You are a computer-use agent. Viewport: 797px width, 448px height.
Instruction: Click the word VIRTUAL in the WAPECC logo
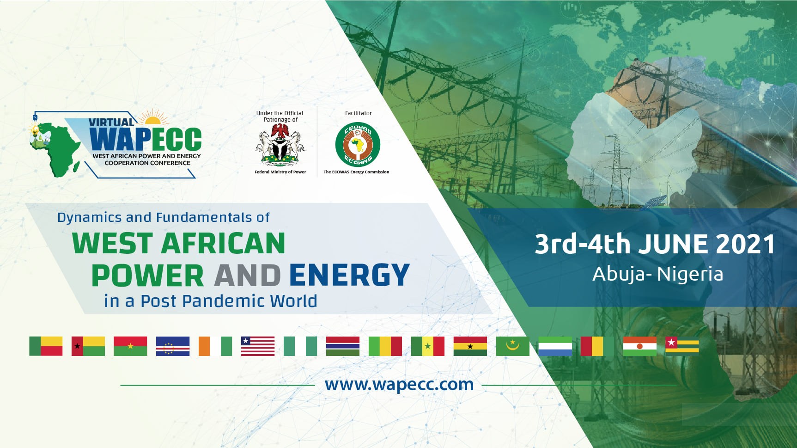[x=111, y=123]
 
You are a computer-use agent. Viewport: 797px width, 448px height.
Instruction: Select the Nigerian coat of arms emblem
[x=280, y=145]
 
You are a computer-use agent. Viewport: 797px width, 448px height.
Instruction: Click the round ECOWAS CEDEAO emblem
[x=358, y=145]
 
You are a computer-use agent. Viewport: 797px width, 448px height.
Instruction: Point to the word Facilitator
[x=358, y=113]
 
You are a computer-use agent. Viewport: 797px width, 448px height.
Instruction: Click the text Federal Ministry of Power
[x=280, y=172]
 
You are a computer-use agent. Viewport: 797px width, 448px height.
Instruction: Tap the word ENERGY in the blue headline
[x=349, y=276]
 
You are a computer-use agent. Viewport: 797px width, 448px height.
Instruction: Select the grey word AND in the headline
[x=247, y=276]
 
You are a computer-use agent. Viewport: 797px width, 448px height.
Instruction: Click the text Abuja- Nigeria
[x=657, y=274]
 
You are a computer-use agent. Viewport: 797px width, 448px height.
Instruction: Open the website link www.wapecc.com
[x=399, y=385]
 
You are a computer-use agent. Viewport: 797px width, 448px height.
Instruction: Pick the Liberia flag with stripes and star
[x=258, y=346]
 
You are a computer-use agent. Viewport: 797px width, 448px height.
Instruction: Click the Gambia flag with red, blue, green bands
[x=343, y=346]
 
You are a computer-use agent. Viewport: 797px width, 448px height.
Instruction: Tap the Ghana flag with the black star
[x=470, y=346]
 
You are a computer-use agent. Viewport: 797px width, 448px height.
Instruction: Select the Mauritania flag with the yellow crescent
[x=513, y=346]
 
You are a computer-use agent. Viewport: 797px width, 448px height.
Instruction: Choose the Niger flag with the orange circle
[x=640, y=346]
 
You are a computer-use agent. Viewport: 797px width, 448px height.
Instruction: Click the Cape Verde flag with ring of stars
[x=173, y=346]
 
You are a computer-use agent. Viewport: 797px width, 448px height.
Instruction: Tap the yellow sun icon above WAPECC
[x=153, y=117]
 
